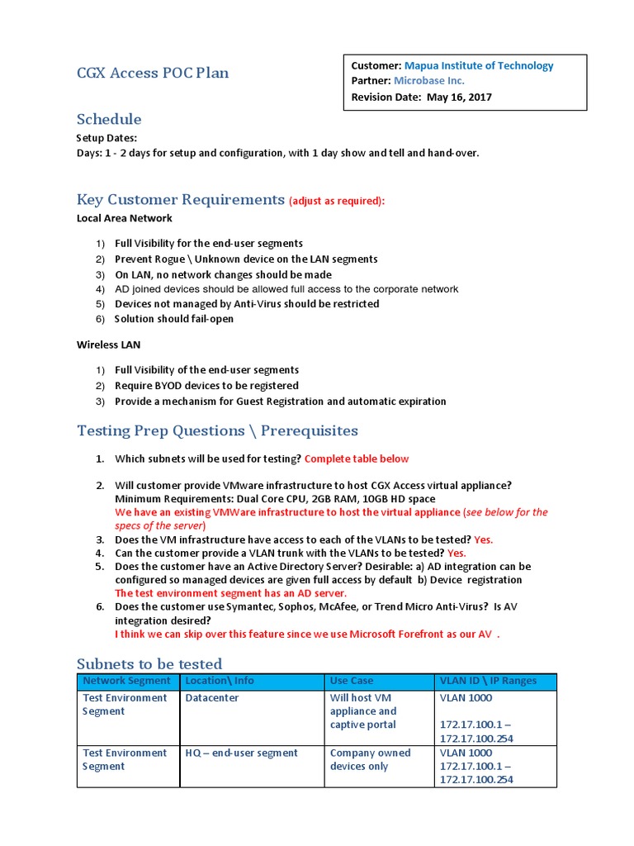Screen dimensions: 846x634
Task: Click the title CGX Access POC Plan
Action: (153, 73)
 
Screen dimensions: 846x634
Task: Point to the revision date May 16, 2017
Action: (459, 97)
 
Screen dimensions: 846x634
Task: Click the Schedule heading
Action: (109, 119)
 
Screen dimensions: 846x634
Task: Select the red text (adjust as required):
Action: (337, 201)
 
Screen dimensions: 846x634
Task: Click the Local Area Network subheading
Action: (125, 218)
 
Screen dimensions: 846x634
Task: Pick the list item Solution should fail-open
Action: (174, 319)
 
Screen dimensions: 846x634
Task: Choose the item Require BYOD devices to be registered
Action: (206, 386)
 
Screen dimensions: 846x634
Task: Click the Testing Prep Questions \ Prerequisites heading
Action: (217, 430)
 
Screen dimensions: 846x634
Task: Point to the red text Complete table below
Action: (357, 459)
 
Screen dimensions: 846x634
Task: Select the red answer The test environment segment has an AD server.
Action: (231, 593)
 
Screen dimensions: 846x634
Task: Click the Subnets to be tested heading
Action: (149, 663)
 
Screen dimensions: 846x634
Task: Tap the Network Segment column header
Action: (127, 681)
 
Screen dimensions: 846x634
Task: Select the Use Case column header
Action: (352, 681)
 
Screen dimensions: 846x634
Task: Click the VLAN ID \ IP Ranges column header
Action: (488, 681)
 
